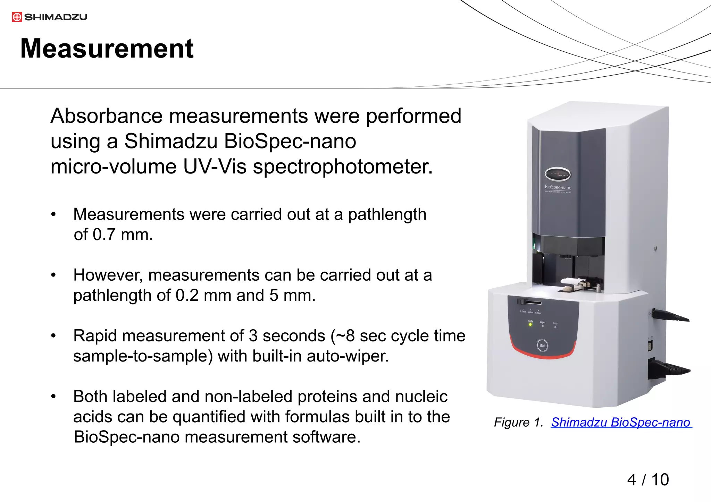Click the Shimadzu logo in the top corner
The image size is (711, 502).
(x=49, y=17)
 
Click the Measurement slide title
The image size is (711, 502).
(x=107, y=49)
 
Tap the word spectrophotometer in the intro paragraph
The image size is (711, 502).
(x=342, y=167)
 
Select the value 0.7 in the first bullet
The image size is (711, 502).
(x=104, y=235)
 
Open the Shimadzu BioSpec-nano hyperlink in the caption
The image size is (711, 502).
(x=621, y=423)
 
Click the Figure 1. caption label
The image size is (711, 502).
(x=518, y=423)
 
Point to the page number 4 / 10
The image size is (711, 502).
(x=648, y=480)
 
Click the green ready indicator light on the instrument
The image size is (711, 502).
(x=530, y=325)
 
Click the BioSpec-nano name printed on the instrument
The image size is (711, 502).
(x=558, y=187)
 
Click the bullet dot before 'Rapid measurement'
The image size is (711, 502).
(x=53, y=336)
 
